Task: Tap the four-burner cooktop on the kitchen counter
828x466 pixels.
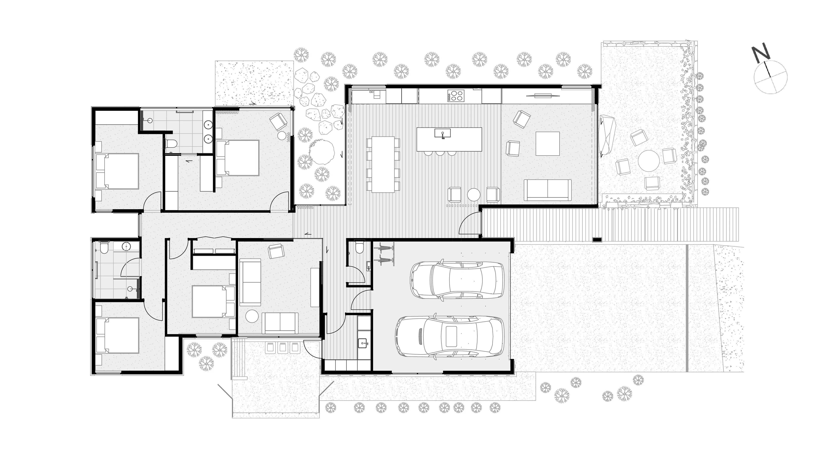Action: (x=456, y=96)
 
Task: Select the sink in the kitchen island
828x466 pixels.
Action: (x=443, y=133)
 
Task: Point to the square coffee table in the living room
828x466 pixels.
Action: (x=548, y=144)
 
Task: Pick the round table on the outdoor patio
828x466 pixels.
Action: (x=649, y=161)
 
